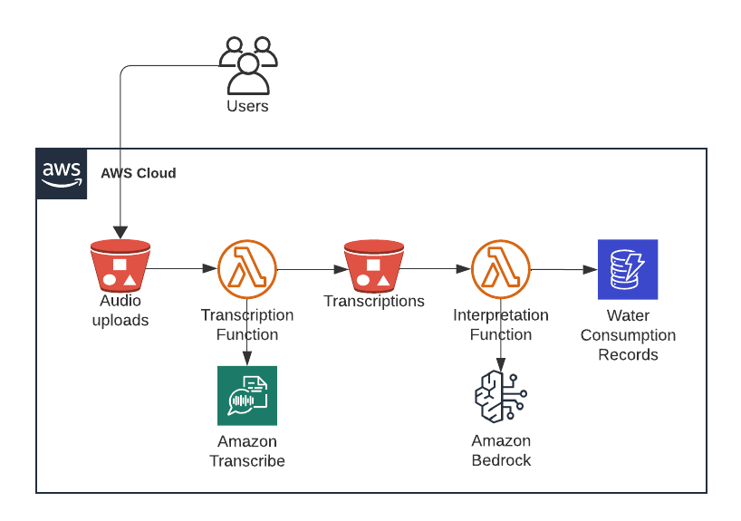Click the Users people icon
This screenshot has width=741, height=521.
pyautogui.click(x=247, y=65)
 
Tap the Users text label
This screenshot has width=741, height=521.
pyautogui.click(x=247, y=106)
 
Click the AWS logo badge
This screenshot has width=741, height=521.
pyautogui.click(x=62, y=173)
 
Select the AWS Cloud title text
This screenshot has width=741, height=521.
pyautogui.click(x=138, y=173)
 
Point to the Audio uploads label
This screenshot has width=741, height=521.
pyautogui.click(x=120, y=311)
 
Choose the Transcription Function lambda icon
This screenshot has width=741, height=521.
pyautogui.click(x=247, y=269)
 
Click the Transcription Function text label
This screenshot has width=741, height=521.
pyautogui.click(x=247, y=324)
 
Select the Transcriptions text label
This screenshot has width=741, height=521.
pyautogui.click(x=374, y=301)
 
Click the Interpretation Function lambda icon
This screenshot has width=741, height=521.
pyautogui.click(x=501, y=269)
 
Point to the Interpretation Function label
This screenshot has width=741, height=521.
pyautogui.click(x=501, y=324)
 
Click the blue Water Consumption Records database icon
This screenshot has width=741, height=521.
pyautogui.click(x=628, y=269)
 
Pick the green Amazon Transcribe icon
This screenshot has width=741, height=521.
pyautogui.click(x=247, y=395)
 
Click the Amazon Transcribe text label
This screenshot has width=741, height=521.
pyautogui.click(x=247, y=451)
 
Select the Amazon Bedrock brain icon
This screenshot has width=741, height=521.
pyautogui.click(x=501, y=396)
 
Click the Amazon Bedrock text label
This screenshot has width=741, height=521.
pyautogui.click(x=501, y=450)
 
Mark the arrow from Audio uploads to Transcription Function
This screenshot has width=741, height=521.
pyautogui.click(x=184, y=269)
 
